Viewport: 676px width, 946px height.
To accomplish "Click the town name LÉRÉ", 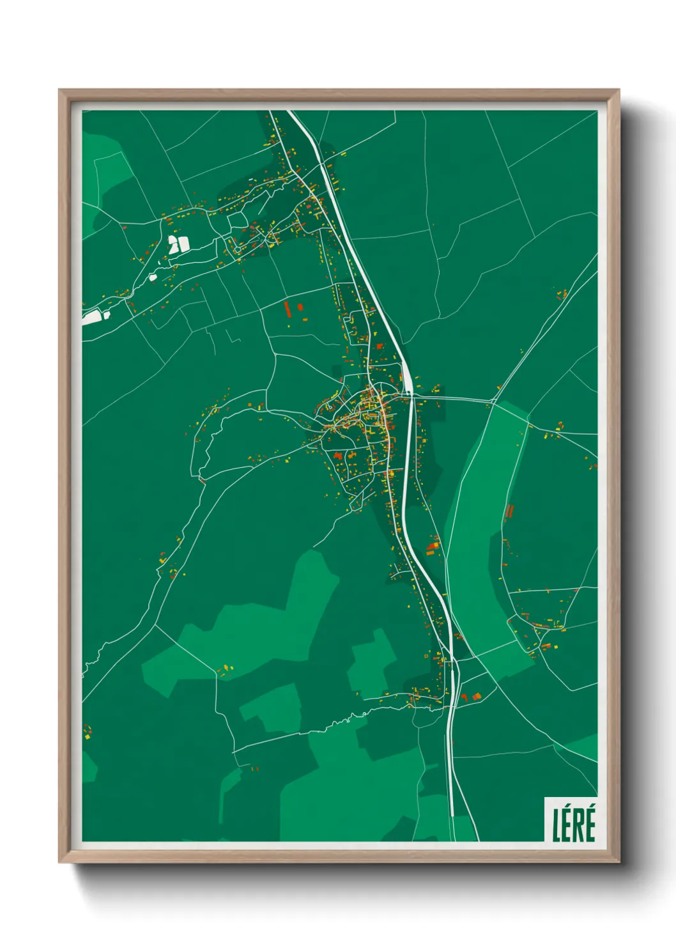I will pos(573,824).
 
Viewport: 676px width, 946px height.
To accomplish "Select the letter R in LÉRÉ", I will pos(579,825).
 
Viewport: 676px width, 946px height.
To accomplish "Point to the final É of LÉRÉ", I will pos(590,824).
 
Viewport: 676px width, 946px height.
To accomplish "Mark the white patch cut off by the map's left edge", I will pos(91,317).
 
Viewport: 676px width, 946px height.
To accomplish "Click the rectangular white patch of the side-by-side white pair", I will pos(183,244).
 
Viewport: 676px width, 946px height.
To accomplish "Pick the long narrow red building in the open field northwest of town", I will pos(287,309).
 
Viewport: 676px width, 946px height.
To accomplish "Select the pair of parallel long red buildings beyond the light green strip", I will pos(509,512).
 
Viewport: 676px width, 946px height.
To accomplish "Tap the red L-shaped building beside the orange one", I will pos(465,697).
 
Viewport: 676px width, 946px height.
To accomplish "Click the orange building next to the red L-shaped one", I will pos(475,695).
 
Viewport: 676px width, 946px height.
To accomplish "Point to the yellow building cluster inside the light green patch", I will pos(227,669).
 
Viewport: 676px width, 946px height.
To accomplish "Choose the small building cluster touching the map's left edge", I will pos(87,732).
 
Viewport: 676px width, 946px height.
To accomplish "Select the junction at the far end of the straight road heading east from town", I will pos(493,401).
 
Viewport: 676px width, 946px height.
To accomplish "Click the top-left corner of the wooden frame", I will pos(59,91).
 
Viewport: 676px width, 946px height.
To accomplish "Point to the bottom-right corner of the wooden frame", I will pos(618,862).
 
